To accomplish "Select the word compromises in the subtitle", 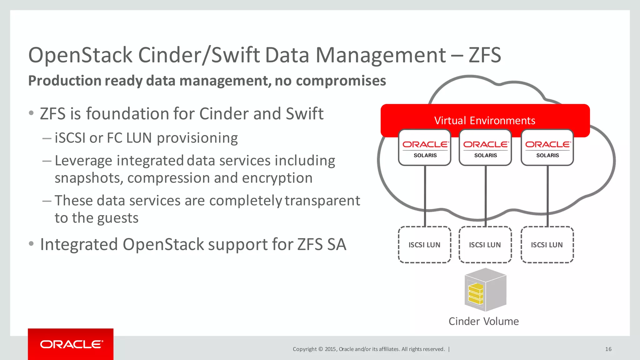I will pos(341,81).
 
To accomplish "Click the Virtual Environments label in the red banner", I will pos(485,120).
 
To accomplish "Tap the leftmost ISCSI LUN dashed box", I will pos(424,245).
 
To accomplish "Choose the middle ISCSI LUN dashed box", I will pos(485,245).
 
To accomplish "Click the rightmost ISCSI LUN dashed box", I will pos(547,245).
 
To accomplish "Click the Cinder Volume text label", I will pos(483,321).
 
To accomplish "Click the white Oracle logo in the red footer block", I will pos(71,344).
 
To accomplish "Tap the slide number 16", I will pos(608,349).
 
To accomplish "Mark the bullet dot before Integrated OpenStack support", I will pos(31,243).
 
